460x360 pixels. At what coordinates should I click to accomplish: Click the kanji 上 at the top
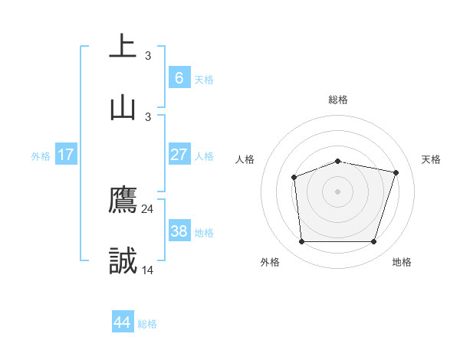click(123, 46)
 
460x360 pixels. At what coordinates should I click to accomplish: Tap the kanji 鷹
click(123, 200)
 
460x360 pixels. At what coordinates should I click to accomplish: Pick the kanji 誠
click(123, 261)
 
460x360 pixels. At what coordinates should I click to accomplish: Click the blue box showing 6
click(179, 77)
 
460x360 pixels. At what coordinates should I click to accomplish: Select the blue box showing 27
click(179, 155)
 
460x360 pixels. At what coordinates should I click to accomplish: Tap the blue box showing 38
click(179, 231)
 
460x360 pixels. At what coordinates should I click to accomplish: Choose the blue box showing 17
click(66, 155)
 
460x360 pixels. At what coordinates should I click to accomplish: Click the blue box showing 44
click(123, 322)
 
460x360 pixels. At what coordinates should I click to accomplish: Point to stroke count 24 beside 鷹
click(148, 208)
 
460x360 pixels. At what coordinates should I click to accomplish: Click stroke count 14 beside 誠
click(148, 270)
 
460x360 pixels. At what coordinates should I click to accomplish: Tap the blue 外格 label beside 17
click(41, 155)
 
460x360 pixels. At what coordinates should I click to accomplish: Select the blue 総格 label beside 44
click(147, 324)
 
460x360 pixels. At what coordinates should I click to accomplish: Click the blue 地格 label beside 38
click(204, 232)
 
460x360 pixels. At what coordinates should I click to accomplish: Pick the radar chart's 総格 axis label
click(338, 100)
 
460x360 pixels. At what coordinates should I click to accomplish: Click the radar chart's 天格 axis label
click(432, 159)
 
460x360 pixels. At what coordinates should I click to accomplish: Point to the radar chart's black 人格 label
click(245, 159)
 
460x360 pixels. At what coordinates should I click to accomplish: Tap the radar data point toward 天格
click(396, 173)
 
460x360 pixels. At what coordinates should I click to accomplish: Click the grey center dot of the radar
click(338, 191)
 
